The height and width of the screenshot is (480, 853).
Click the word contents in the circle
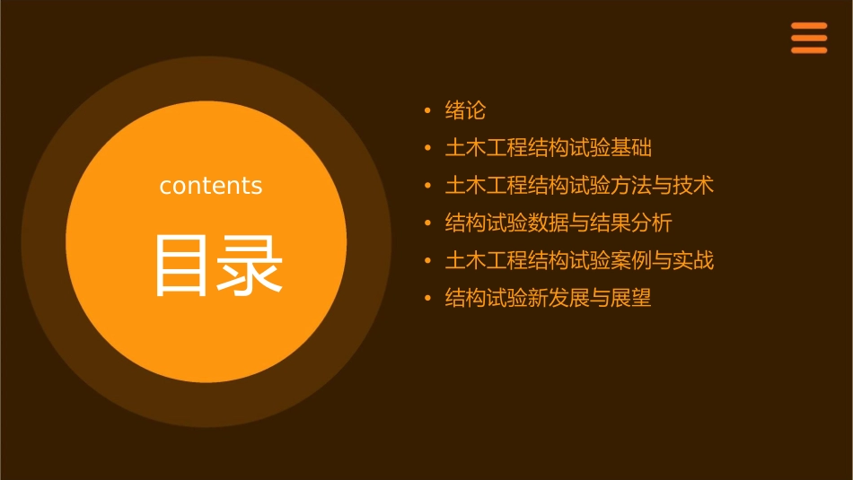click(x=211, y=186)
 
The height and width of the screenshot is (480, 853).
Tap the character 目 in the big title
click(x=184, y=266)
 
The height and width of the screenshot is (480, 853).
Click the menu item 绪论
click(x=465, y=111)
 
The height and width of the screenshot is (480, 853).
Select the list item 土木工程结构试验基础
click(x=549, y=148)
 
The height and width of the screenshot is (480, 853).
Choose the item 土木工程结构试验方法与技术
click(x=579, y=186)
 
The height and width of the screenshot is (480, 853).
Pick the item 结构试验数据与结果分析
click(x=558, y=223)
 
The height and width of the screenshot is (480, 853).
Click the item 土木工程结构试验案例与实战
click(x=579, y=261)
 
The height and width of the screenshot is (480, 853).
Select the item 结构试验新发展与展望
click(x=548, y=298)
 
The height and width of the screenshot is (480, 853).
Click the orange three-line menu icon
click(x=809, y=38)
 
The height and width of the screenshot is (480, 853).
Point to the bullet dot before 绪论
click(x=427, y=111)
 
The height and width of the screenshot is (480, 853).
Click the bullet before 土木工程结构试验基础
click(x=427, y=148)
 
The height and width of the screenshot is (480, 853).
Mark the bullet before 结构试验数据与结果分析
click(x=427, y=223)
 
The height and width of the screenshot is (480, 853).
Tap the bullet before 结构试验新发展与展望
click(x=427, y=298)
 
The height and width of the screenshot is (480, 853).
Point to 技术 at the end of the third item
click(x=693, y=186)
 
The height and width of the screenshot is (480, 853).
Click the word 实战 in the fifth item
click(x=693, y=261)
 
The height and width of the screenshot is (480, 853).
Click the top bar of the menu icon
click(x=809, y=26)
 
